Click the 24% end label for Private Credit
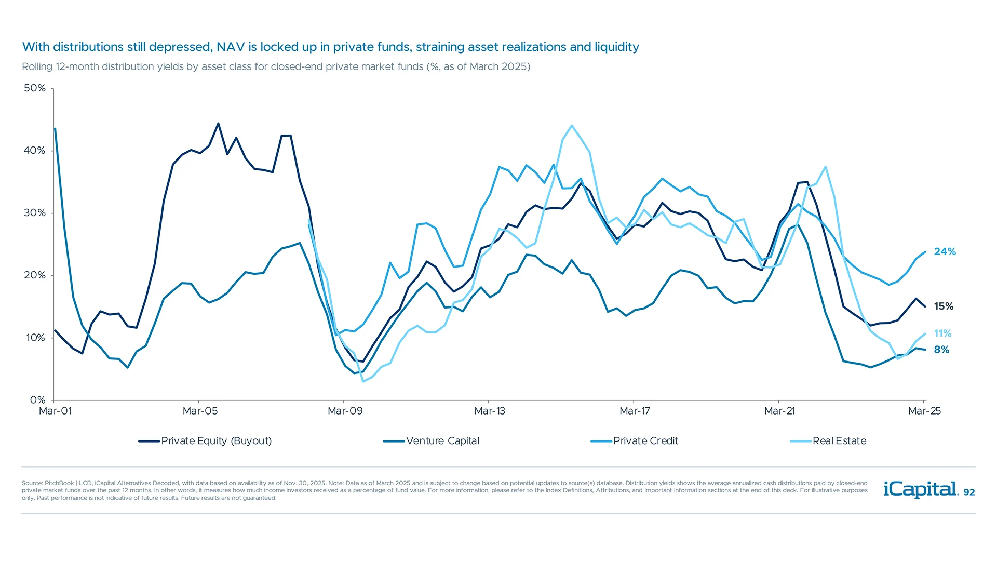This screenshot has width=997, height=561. pos(945,251)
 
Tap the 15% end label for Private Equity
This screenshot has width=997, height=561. pos(944,306)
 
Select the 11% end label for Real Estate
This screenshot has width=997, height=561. pos(942,333)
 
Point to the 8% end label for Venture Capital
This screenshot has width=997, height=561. pos(941,350)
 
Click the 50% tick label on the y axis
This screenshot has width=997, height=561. pos(35,88)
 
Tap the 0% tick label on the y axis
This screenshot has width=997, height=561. pos(38,400)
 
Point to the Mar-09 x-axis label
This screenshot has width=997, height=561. pos(345,411)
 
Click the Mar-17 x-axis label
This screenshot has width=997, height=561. pos(635,411)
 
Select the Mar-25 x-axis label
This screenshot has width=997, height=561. pos(924,411)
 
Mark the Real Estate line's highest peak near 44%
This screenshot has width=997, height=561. pos(572,126)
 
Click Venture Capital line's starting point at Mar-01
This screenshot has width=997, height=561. pos(55,129)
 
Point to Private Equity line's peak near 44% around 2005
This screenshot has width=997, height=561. pos(218,124)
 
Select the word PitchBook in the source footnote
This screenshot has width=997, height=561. pos(59,483)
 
